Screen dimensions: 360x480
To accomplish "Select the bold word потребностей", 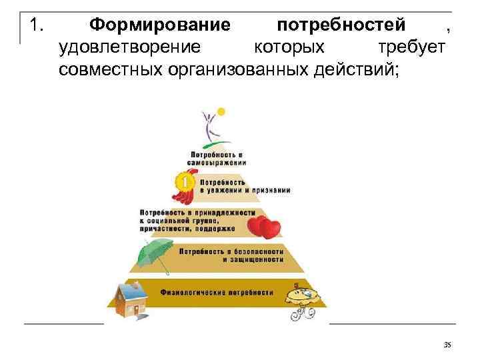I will coord(341,26).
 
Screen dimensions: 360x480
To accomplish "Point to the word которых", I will coord(290,47).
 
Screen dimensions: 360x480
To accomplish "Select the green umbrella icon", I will coord(155,254).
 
